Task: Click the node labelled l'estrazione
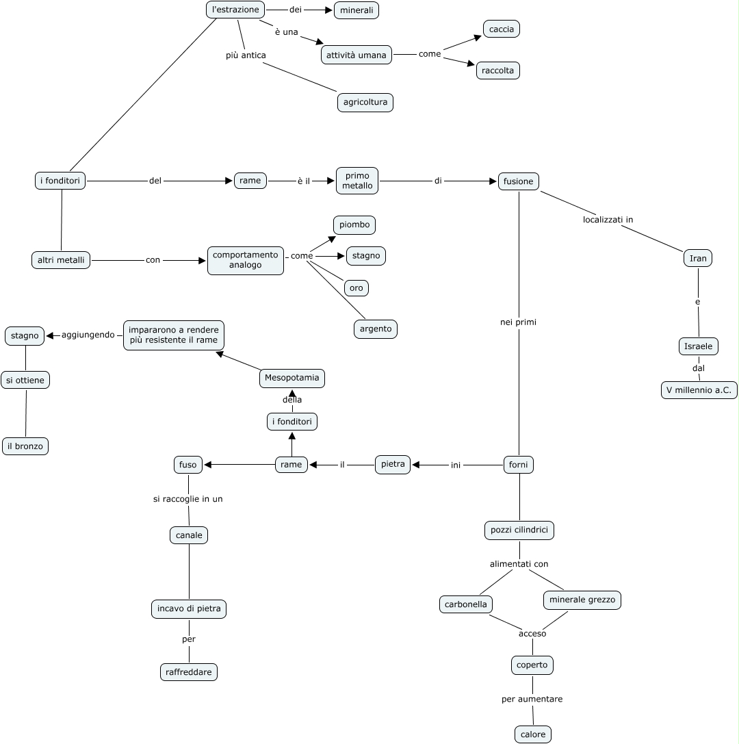pyautogui.click(x=235, y=10)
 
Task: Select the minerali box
pyautogui.click(x=356, y=10)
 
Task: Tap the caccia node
pyautogui.click(x=502, y=29)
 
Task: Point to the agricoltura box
pyautogui.click(x=365, y=103)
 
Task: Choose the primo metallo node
pyautogui.click(x=357, y=181)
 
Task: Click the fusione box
pyautogui.click(x=519, y=181)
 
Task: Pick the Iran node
pyautogui.click(x=698, y=258)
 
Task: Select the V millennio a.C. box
pyautogui.click(x=699, y=390)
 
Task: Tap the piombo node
pyautogui.click(x=354, y=225)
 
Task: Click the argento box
pyautogui.click(x=376, y=329)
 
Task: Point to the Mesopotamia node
pyautogui.click(x=292, y=378)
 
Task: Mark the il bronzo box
pyautogui.click(x=25, y=446)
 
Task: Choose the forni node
pyautogui.click(x=519, y=465)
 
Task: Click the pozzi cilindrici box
pyautogui.click(x=519, y=530)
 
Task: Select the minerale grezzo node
pyautogui.click(x=582, y=600)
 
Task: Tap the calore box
pyautogui.click(x=533, y=734)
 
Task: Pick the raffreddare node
pyautogui.click(x=189, y=672)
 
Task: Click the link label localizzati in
pyautogui.click(x=608, y=220)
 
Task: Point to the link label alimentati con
pyautogui.click(x=519, y=564)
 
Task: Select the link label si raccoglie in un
pyautogui.click(x=188, y=499)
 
